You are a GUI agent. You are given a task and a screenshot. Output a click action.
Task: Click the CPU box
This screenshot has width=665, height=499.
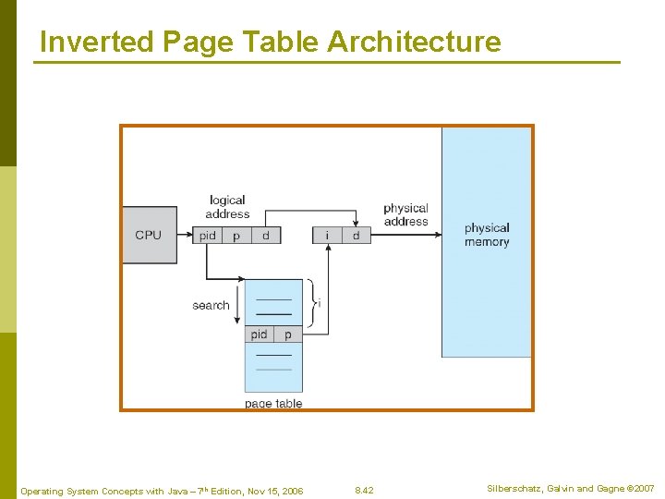(x=149, y=235)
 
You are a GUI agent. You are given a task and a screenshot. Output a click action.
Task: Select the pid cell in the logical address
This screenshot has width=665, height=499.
(x=208, y=236)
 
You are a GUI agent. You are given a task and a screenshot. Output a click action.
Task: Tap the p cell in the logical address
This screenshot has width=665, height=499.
(x=236, y=236)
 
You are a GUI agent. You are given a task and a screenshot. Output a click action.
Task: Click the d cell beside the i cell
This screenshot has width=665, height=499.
(x=356, y=236)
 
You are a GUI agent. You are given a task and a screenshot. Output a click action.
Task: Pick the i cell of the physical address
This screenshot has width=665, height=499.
(x=327, y=236)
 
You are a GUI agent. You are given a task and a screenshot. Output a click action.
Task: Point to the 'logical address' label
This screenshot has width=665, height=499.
(x=227, y=207)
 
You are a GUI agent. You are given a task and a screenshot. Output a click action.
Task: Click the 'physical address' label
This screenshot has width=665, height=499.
(x=405, y=214)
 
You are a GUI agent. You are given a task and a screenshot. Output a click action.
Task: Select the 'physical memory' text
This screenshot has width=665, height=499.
(x=487, y=235)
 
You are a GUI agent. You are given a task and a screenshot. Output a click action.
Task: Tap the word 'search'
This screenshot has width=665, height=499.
(x=211, y=305)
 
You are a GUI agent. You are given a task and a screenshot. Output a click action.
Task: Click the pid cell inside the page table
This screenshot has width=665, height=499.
(x=260, y=335)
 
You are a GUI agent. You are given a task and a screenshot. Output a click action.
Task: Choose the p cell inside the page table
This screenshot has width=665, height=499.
(x=288, y=335)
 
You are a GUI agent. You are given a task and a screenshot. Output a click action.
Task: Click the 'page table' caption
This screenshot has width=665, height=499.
(x=273, y=404)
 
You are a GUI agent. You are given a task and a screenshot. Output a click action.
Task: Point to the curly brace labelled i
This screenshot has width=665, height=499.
(x=311, y=303)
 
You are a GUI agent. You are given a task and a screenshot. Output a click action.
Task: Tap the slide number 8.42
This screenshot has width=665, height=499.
(x=364, y=490)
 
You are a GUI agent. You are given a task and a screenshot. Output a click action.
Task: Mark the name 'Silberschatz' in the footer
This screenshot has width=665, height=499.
(x=517, y=488)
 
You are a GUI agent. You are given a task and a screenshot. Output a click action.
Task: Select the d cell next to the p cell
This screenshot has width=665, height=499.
(x=266, y=236)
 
